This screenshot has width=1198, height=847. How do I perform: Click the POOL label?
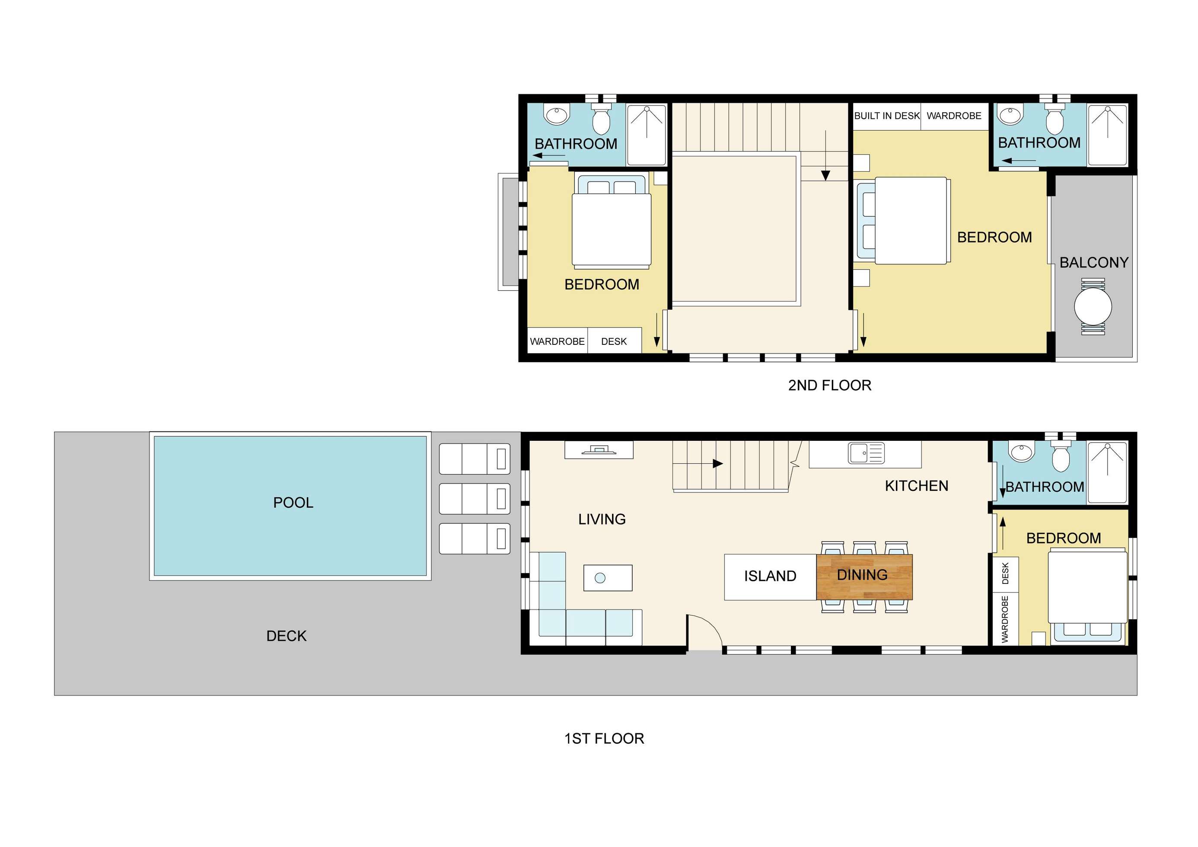pyautogui.click(x=293, y=503)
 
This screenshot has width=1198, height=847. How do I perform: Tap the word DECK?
pyautogui.click(x=287, y=636)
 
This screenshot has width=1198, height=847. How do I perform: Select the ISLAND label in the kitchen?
pyautogui.click(x=770, y=576)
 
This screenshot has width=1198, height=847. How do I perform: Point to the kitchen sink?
pyautogui.click(x=866, y=453)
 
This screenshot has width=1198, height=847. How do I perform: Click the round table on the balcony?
pyautogui.click(x=1093, y=307)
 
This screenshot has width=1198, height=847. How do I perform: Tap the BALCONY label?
pyautogui.click(x=1094, y=262)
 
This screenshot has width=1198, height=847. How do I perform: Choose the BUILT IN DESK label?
pyautogui.click(x=887, y=116)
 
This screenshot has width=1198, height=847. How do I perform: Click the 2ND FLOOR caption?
pyautogui.click(x=830, y=385)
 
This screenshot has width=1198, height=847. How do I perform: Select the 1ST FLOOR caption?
pyautogui.click(x=604, y=739)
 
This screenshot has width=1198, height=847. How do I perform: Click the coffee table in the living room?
pyautogui.click(x=608, y=578)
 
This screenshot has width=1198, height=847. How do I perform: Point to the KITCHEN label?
pyautogui.click(x=917, y=486)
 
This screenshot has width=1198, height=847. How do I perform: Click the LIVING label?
pyautogui.click(x=602, y=519)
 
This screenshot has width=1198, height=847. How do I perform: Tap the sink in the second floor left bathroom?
pyautogui.click(x=557, y=115)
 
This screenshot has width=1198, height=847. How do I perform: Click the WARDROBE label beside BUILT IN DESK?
pyautogui.click(x=954, y=116)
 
